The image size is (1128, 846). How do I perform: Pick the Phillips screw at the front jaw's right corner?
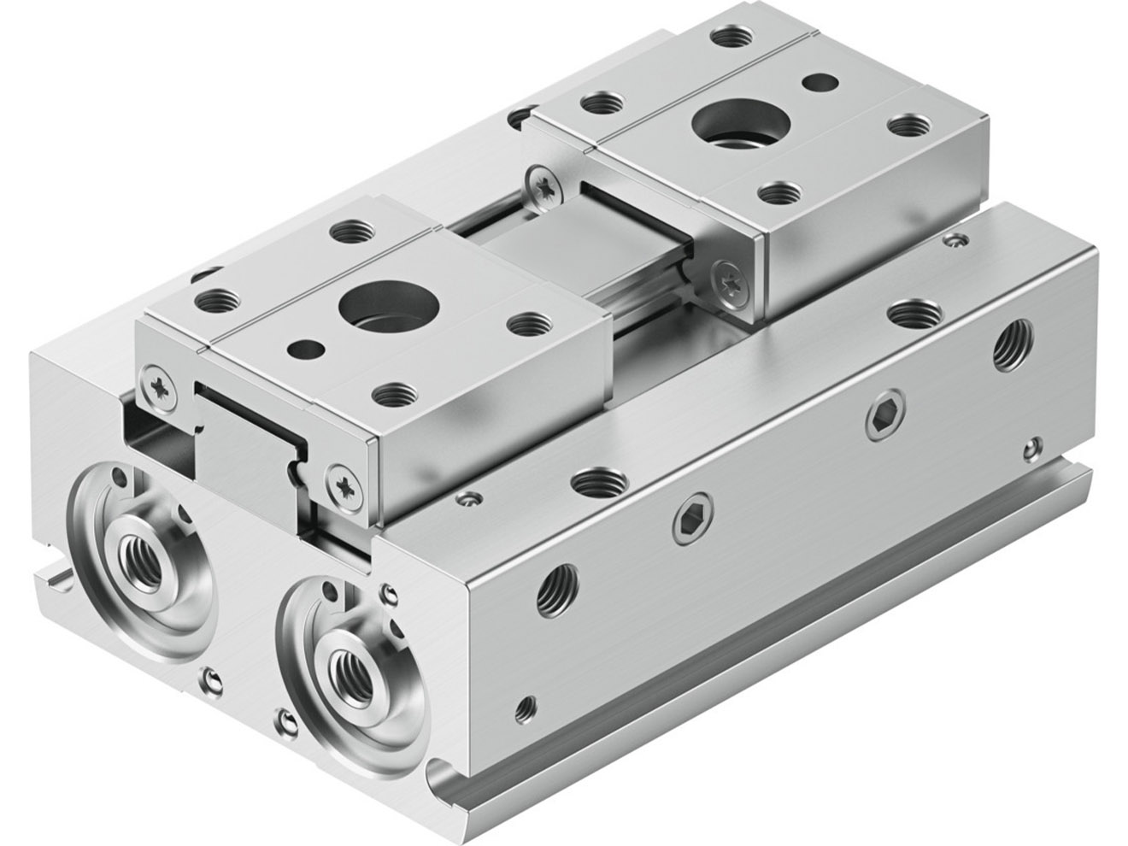point(346,484)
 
